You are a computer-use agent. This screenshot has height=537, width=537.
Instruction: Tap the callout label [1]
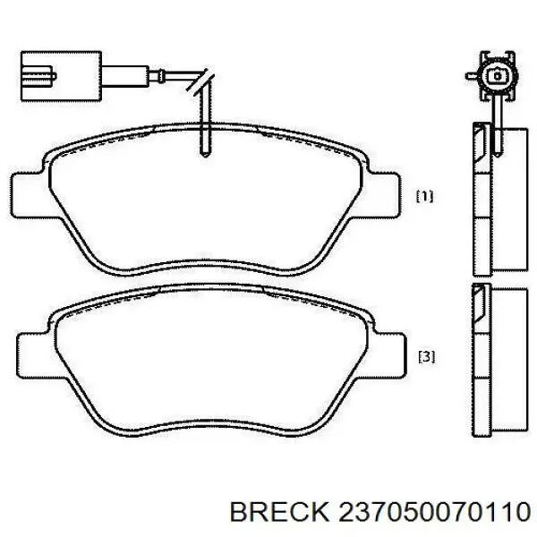(x=425, y=196)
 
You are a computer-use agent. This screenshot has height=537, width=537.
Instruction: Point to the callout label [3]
(x=426, y=357)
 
